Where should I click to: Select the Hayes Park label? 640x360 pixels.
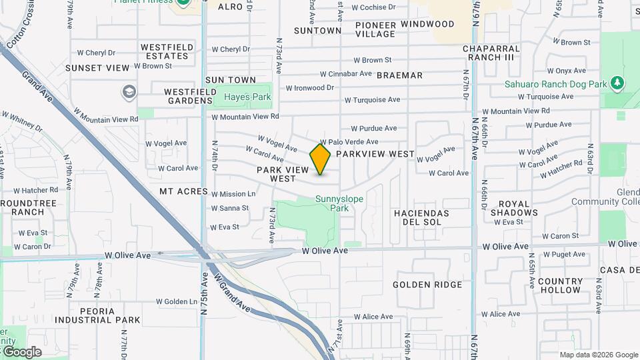coord(247,97)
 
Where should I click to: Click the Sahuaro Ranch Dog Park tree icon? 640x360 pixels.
coord(619,83)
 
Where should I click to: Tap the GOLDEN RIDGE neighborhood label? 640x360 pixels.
coord(427,285)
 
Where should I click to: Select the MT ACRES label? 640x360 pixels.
coord(183,191)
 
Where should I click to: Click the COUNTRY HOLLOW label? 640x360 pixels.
coord(560,286)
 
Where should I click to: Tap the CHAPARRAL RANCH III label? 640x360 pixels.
coord(491,53)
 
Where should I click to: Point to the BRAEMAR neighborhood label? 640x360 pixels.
coord(399,75)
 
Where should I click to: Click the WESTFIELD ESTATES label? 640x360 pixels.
coord(167,51)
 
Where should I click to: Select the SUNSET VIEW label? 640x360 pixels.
coord(97,68)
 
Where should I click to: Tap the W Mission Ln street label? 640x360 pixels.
coord(233,194)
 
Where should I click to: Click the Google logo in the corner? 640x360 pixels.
coord(21,352)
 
